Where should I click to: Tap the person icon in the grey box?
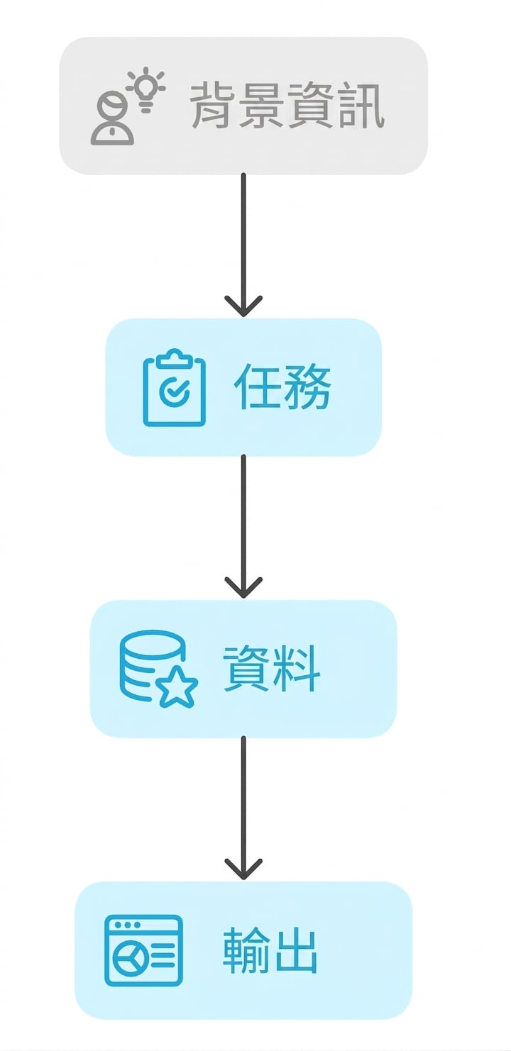point(112,119)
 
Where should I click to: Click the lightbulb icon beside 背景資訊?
point(146,89)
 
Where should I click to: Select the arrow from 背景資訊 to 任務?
point(243,245)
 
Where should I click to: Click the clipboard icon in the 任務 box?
point(175,387)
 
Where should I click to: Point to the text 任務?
point(282,387)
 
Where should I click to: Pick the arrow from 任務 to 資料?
point(243,526)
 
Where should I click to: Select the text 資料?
point(271,669)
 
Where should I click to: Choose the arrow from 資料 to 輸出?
point(243,808)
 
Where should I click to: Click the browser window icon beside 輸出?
point(143,950)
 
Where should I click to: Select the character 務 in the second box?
point(307,387)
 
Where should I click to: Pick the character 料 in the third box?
point(297,669)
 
